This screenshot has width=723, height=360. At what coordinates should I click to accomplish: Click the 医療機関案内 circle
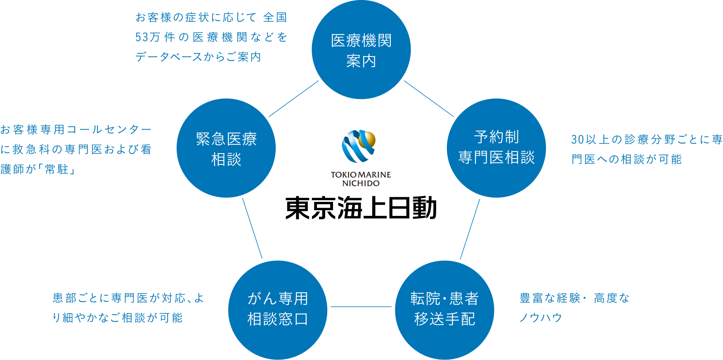[361, 50]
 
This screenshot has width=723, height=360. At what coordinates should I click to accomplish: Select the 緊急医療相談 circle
[226, 148]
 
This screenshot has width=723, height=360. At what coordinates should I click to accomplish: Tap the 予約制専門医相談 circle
[496, 148]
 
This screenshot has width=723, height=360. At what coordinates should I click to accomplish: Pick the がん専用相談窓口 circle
[278, 310]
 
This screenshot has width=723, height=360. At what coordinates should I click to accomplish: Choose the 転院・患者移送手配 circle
[444, 310]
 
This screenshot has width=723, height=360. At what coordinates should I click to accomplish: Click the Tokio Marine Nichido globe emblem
[359, 146]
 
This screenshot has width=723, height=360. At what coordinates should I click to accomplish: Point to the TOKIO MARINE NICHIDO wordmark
[361, 179]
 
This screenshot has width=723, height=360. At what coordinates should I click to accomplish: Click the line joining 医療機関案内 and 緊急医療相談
[294, 99]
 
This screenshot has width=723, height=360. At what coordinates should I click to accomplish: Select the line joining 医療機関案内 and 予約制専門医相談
[429, 99]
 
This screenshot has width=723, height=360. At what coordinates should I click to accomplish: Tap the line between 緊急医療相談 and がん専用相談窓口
[253, 228]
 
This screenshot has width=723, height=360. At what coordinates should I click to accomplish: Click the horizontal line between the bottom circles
[361, 307]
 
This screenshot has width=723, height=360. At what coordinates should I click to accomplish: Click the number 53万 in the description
[148, 37]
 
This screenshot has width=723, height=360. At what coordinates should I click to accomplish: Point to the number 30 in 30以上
[577, 140]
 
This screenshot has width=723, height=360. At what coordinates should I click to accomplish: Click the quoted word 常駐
[57, 169]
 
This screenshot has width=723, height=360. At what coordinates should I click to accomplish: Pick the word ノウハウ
[541, 317]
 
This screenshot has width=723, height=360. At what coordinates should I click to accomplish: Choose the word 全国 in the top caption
[275, 17]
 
